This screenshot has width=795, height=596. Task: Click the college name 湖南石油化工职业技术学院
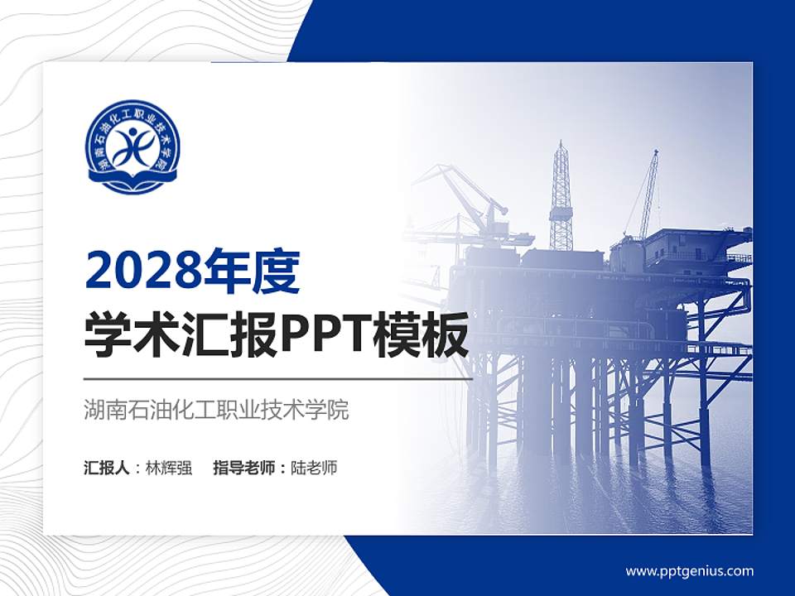coord(216,410)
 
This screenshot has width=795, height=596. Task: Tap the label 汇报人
coord(107,468)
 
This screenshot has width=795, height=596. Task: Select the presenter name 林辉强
coord(169,468)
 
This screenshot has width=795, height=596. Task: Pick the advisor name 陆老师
coord(314,468)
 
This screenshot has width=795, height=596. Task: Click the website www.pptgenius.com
coord(689,570)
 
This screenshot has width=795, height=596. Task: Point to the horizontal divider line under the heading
coord(278,379)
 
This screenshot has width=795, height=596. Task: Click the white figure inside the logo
coord(132,146)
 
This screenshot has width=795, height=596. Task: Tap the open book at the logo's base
coord(132,180)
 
